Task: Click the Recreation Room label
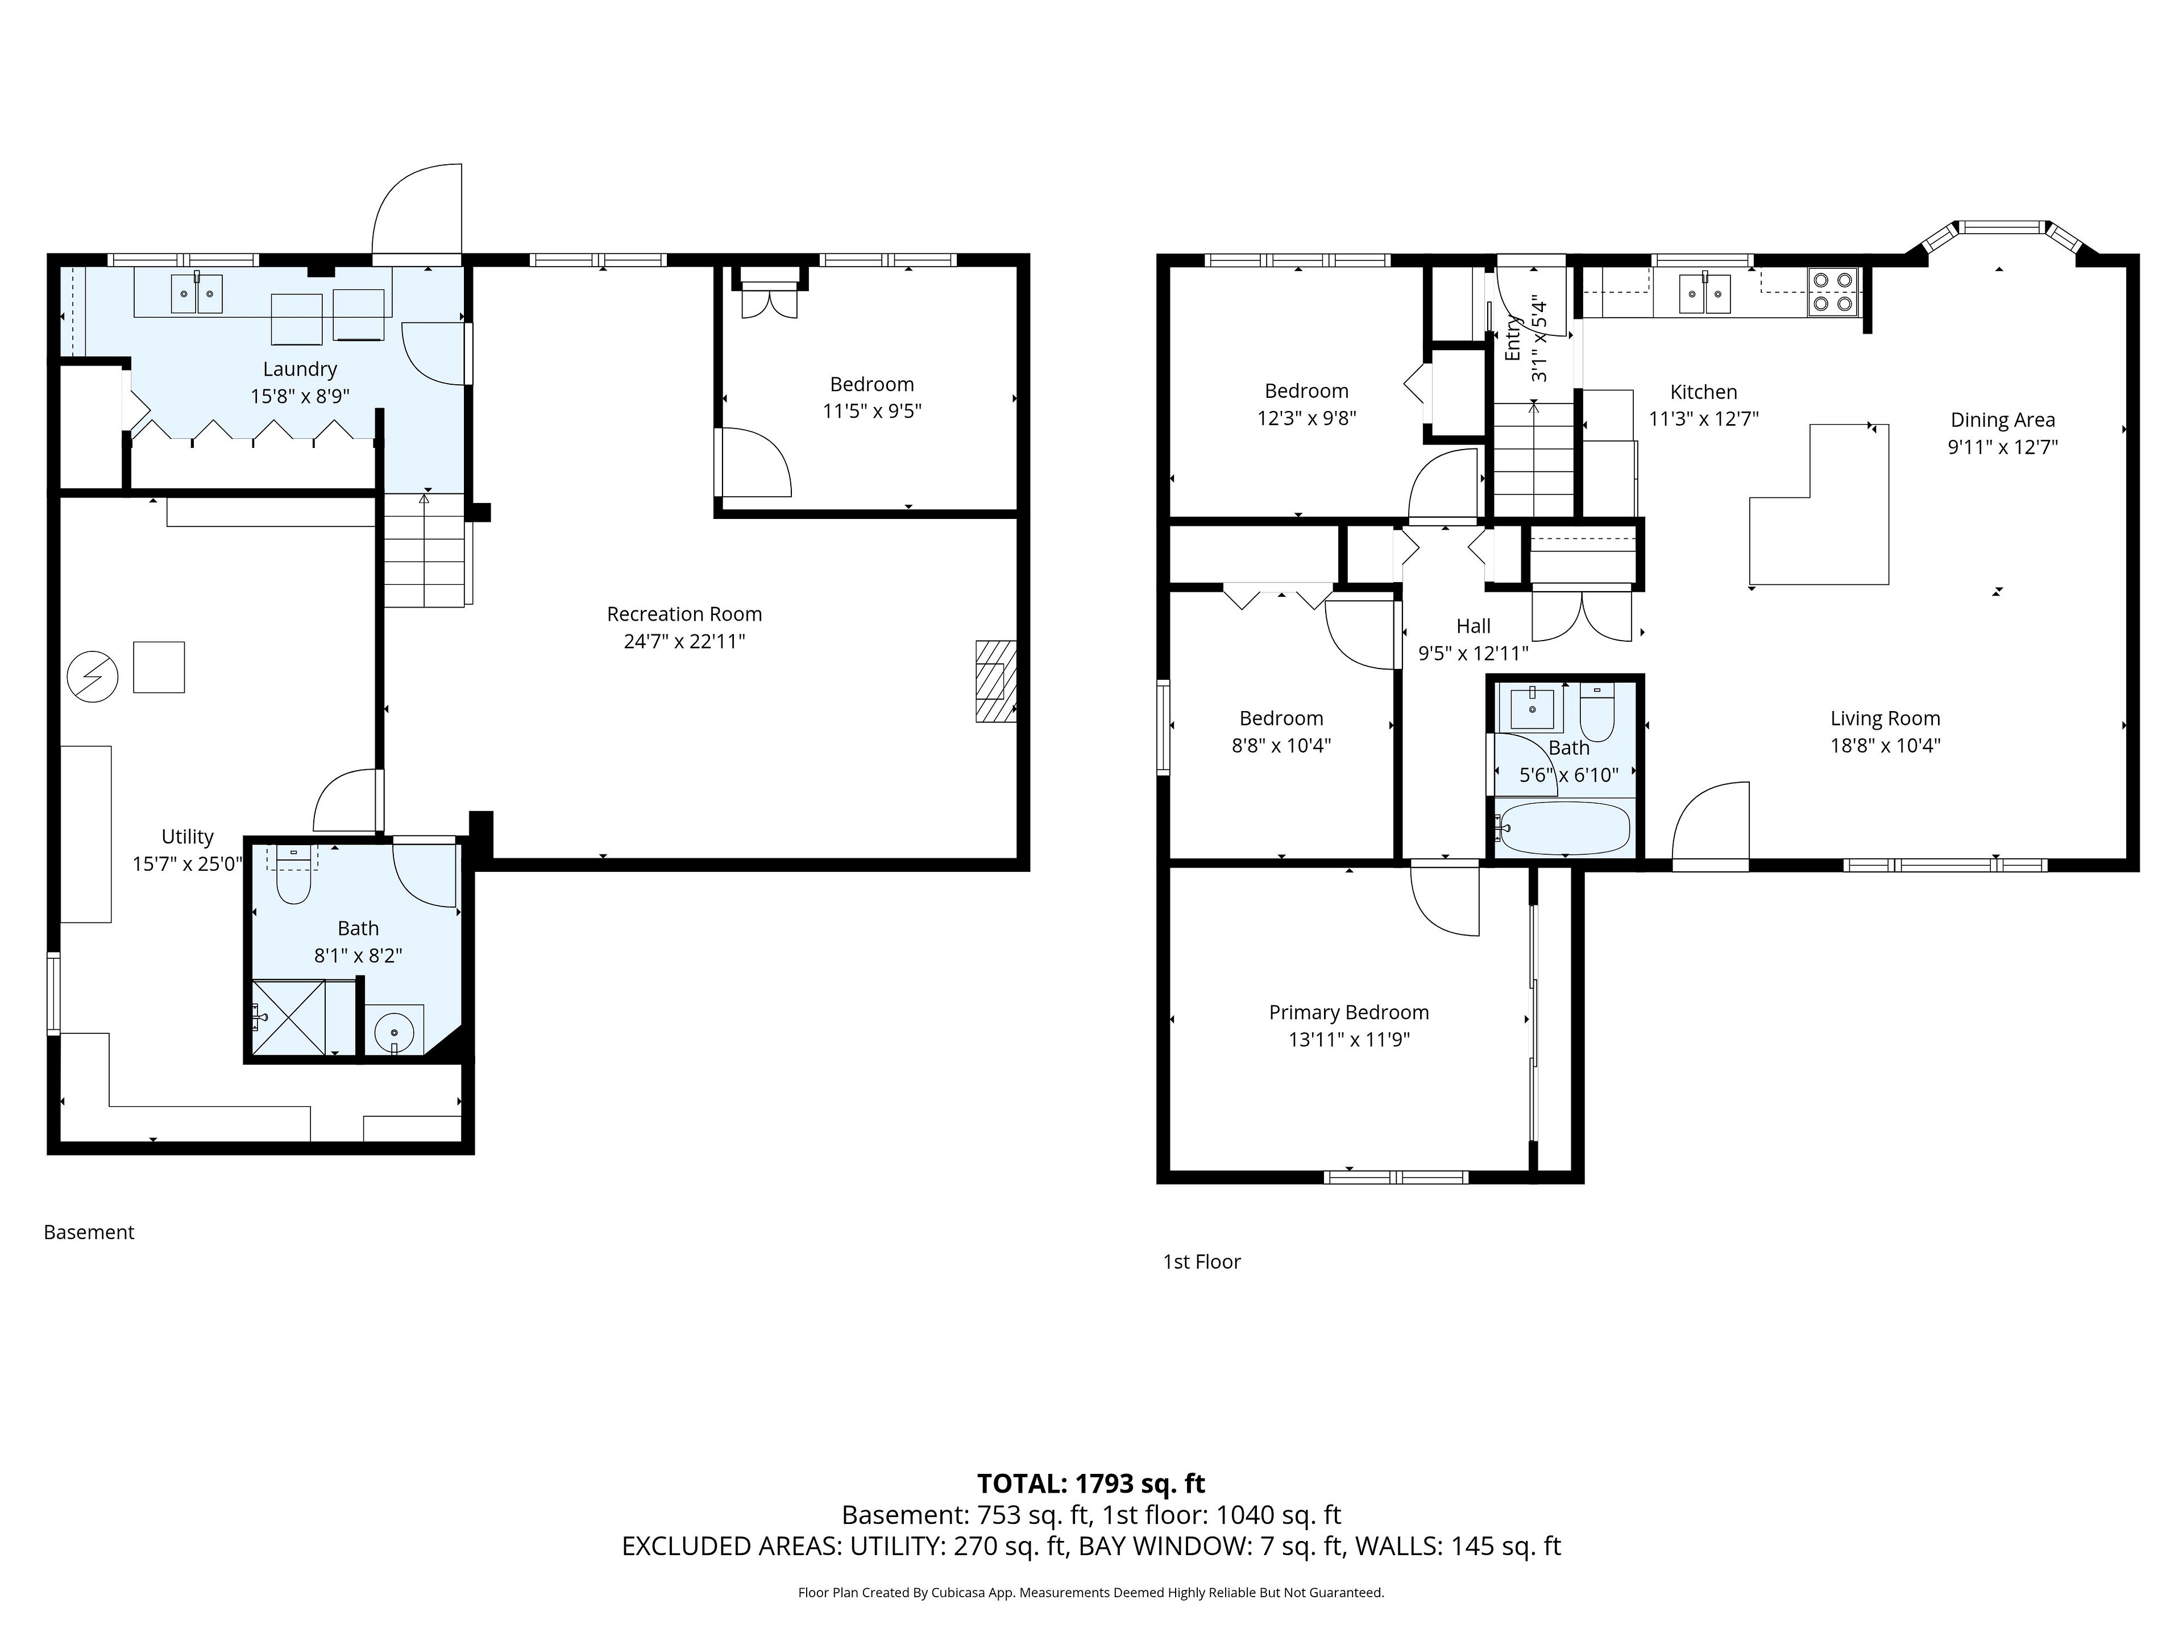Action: point(684,614)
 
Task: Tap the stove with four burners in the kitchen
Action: point(1833,292)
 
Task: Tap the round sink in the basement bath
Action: point(395,1031)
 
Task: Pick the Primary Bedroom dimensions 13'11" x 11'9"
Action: point(1349,1039)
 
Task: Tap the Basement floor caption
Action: point(89,1232)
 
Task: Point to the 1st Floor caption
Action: point(1202,1262)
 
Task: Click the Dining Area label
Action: point(2002,419)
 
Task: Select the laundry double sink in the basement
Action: point(196,294)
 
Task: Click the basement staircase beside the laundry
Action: point(424,550)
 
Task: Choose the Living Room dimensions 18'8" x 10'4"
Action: point(1885,746)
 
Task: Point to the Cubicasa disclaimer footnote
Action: point(1090,1592)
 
